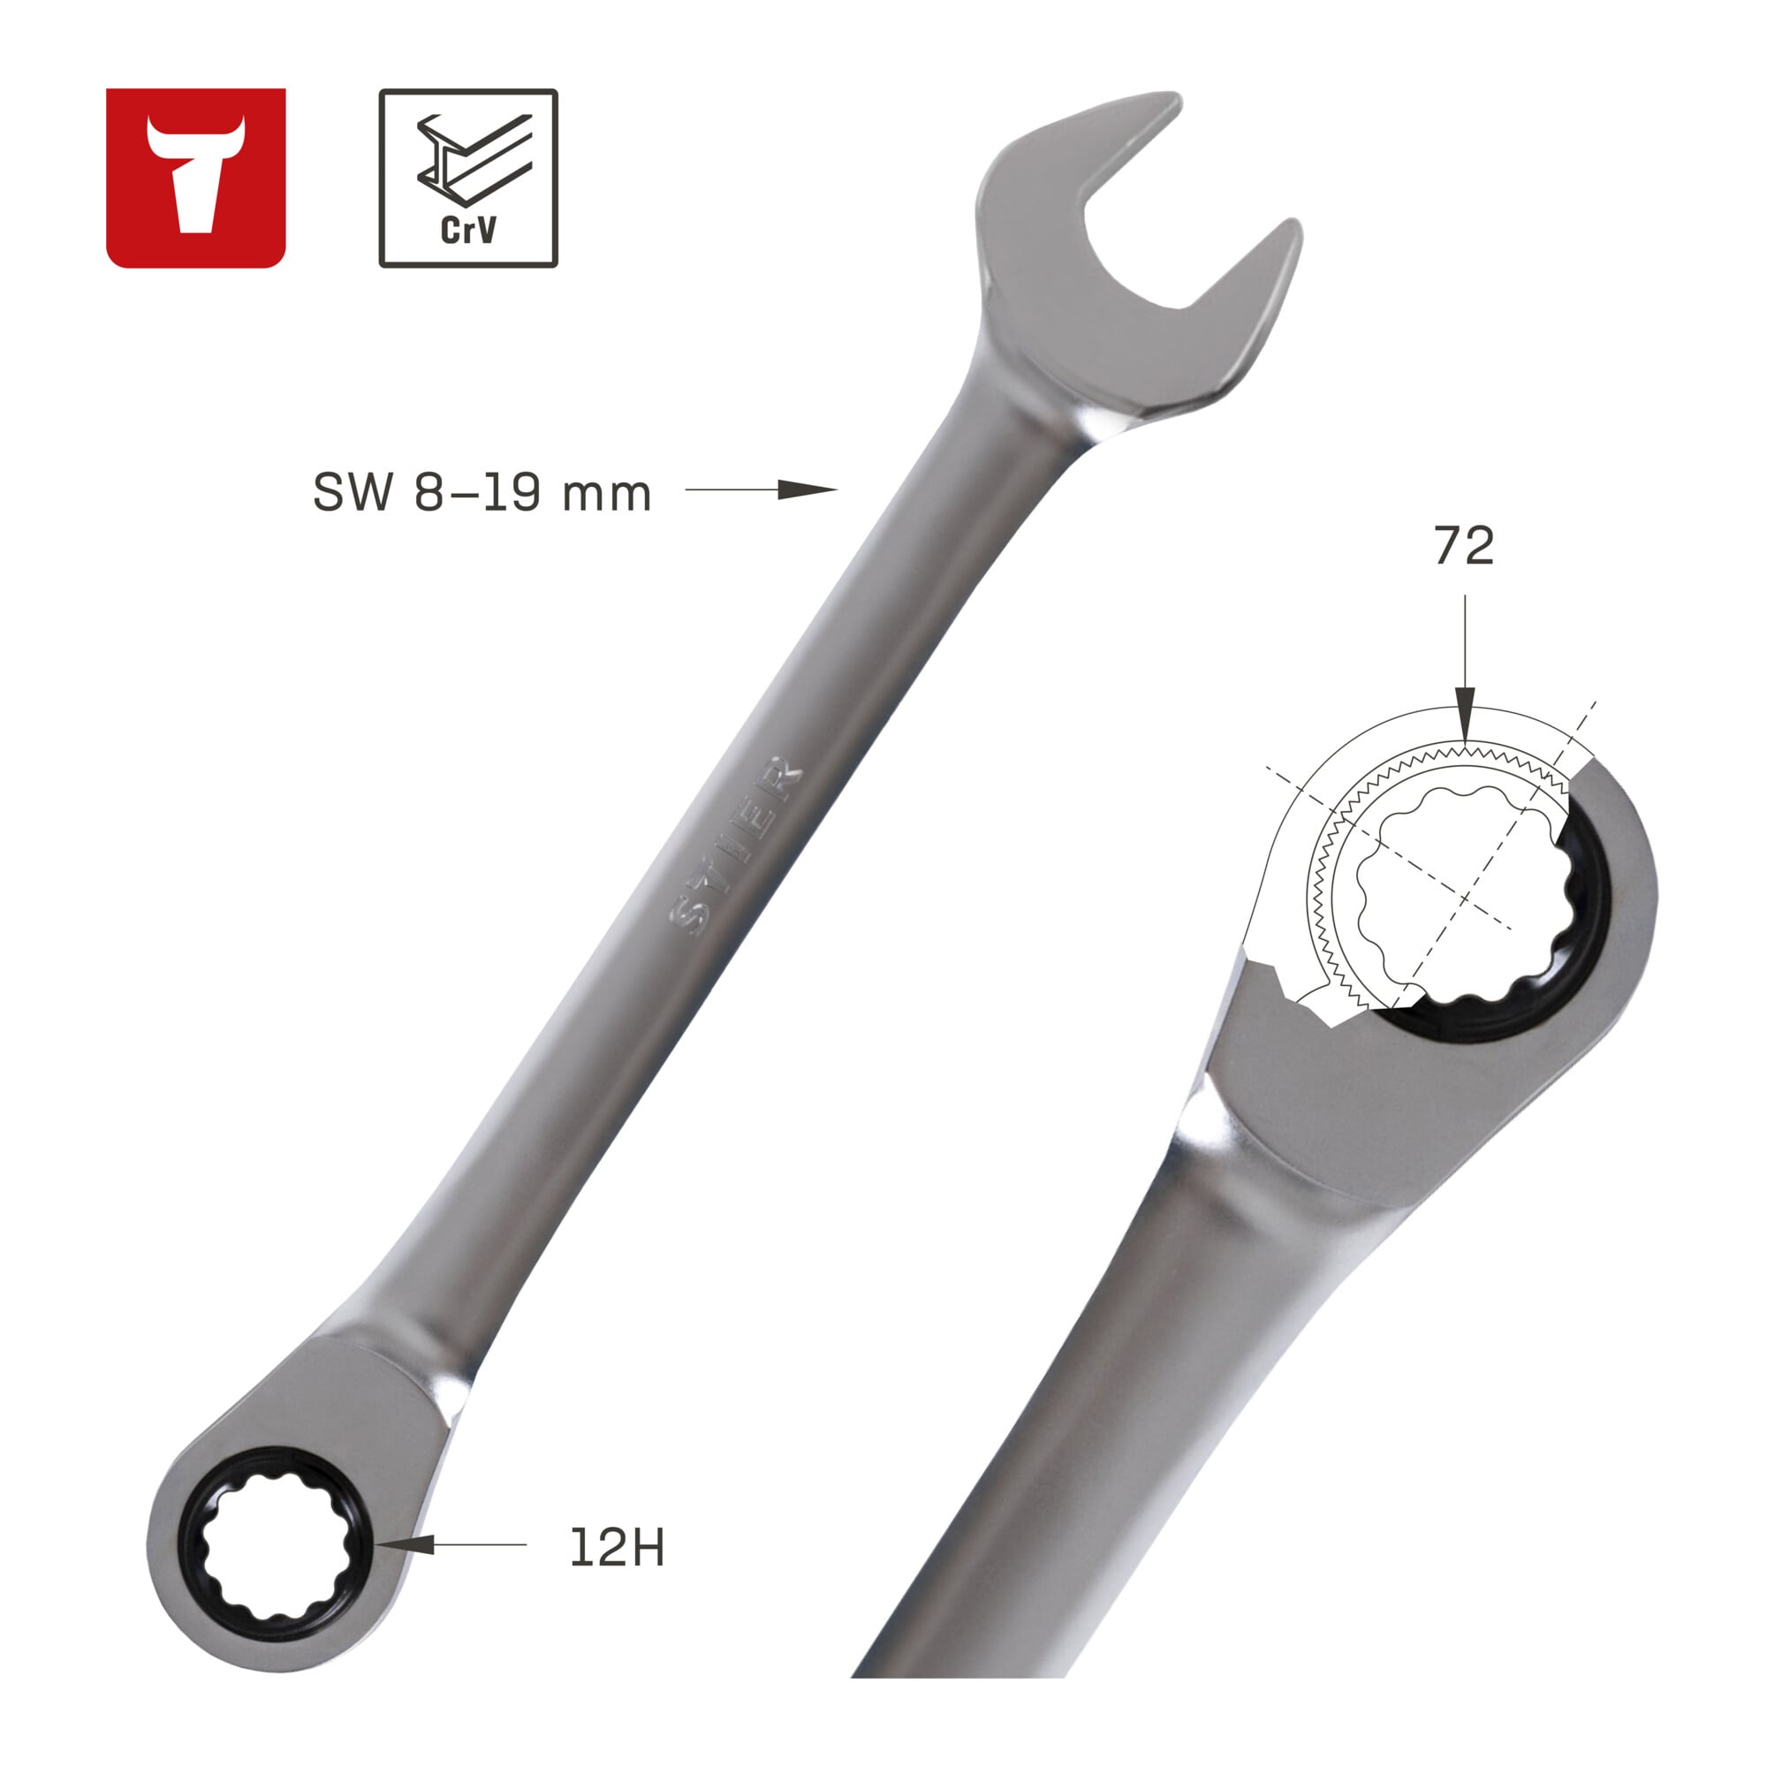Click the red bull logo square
point(196,178)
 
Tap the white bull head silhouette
point(196,174)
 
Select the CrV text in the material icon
point(468,230)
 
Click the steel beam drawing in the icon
point(474,157)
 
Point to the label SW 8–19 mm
point(482,493)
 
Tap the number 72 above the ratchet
point(1463,545)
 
